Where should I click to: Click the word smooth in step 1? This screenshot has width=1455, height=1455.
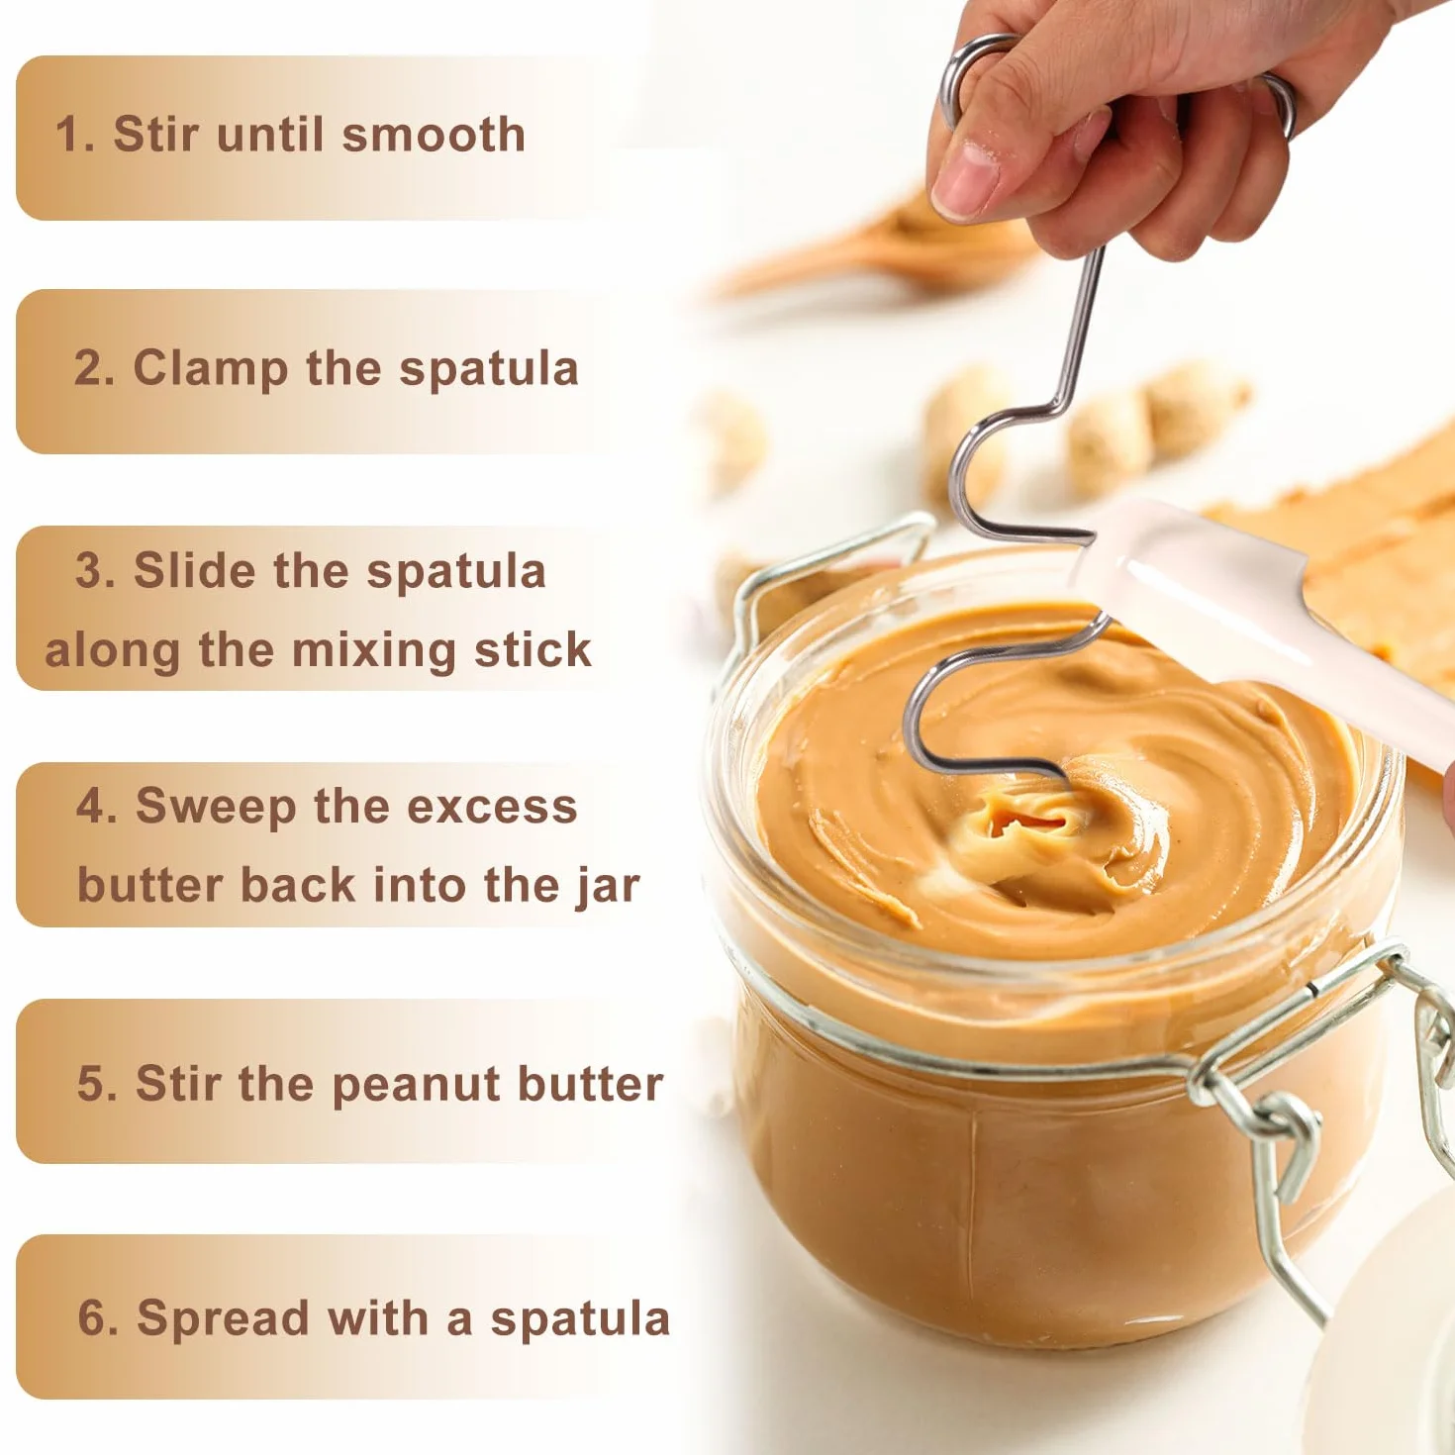[x=434, y=135]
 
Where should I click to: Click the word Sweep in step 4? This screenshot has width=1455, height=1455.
[x=216, y=807]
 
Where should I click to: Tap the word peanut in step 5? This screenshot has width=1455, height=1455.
[x=417, y=1085]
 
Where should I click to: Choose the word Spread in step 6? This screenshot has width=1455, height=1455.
[x=224, y=1317]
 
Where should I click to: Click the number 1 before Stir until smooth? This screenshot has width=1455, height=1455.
[x=69, y=135]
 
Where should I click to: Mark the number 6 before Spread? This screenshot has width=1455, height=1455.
[x=94, y=1316]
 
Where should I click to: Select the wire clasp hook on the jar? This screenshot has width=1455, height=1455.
[x=1284, y=1132]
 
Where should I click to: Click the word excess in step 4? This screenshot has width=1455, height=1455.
[x=492, y=806]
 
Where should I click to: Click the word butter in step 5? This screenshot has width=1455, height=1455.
[x=591, y=1084]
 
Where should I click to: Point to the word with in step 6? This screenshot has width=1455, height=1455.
[x=377, y=1316]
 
